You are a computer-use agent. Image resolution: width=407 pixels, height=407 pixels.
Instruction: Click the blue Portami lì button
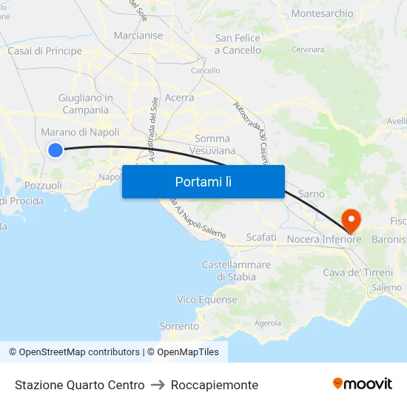(x=203, y=181)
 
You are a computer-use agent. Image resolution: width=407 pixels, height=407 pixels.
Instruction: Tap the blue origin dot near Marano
(x=55, y=150)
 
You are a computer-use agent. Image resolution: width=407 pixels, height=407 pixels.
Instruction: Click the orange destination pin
(x=349, y=219)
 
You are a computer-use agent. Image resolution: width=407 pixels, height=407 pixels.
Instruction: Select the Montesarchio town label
(x=322, y=14)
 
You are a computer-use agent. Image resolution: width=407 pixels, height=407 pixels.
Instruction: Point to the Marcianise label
(x=138, y=36)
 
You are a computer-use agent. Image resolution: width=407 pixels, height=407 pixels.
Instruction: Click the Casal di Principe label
(x=44, y=51)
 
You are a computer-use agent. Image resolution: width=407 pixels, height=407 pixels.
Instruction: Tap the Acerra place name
(x=179, y=98)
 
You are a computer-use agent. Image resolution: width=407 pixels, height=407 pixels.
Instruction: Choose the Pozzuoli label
(x=43, y=186)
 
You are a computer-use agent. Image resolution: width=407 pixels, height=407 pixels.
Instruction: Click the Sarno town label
(x=311, y=194)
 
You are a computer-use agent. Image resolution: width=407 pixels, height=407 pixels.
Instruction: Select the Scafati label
(x=260, y=238)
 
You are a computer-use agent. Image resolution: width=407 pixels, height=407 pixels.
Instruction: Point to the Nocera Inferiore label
(x=323, y=239)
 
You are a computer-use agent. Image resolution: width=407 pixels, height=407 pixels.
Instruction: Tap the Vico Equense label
(x=207, y=300)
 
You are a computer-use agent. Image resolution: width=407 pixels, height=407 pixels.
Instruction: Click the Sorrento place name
(x=179, y=326)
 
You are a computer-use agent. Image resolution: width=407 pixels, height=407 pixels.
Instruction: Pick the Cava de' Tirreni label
(x=357, y=272)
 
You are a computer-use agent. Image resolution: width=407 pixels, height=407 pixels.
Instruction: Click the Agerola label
(x=267, y=323)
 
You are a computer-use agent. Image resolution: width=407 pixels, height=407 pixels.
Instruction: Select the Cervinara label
(x=308, y=50)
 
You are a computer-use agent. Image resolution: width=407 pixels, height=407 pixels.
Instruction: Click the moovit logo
(x=363, y=383)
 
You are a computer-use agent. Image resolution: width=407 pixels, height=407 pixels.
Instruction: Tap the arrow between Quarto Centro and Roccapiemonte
(x=158, y=385)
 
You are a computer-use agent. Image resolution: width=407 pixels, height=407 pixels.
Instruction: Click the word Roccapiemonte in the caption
(x=214, y=385)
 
